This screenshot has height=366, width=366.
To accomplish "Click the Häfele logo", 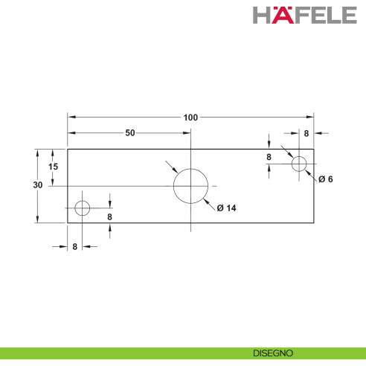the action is click(305, 15).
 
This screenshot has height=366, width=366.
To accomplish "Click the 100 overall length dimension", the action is click(190, 118).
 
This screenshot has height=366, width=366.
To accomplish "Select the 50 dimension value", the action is click(130, 133).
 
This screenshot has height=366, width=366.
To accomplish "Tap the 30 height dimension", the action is click(38, 185).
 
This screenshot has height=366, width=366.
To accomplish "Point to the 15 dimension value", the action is click(53, 167).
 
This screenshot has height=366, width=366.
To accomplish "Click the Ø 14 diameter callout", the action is click(226, 208).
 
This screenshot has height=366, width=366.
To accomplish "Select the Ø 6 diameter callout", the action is click(326, 179).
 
